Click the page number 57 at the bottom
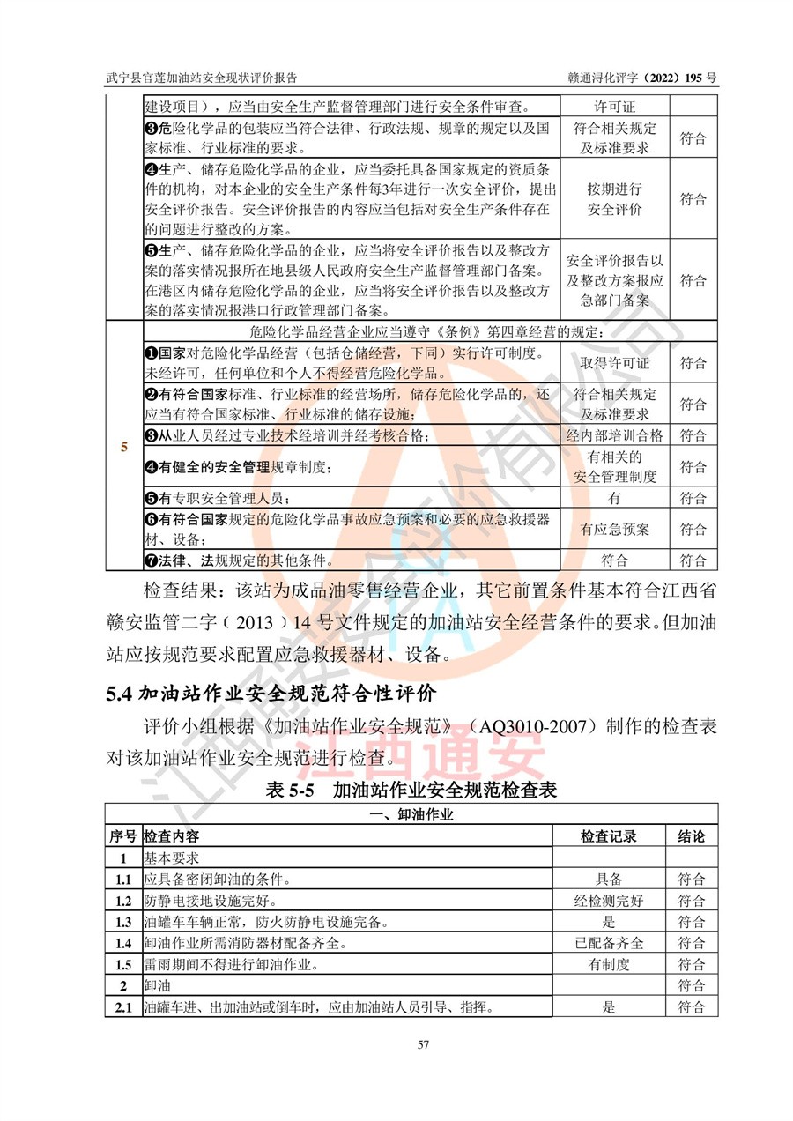click(423, 1044)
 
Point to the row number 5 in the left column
click(124, 448)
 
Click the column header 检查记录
click(608, 835)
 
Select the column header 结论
click(692, 835)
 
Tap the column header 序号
click(123, 835)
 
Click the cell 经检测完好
click(608, 901)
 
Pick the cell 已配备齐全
click(608, 943)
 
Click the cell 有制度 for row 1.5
click(608, 964)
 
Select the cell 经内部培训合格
click(614, 435)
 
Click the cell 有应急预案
click(614, 530)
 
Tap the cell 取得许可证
click(614, 363)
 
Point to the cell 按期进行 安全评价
click(614, 199)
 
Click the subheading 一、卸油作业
click(413, 814)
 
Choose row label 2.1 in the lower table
click(123, 1007)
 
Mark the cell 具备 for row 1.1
click(608, 880)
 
